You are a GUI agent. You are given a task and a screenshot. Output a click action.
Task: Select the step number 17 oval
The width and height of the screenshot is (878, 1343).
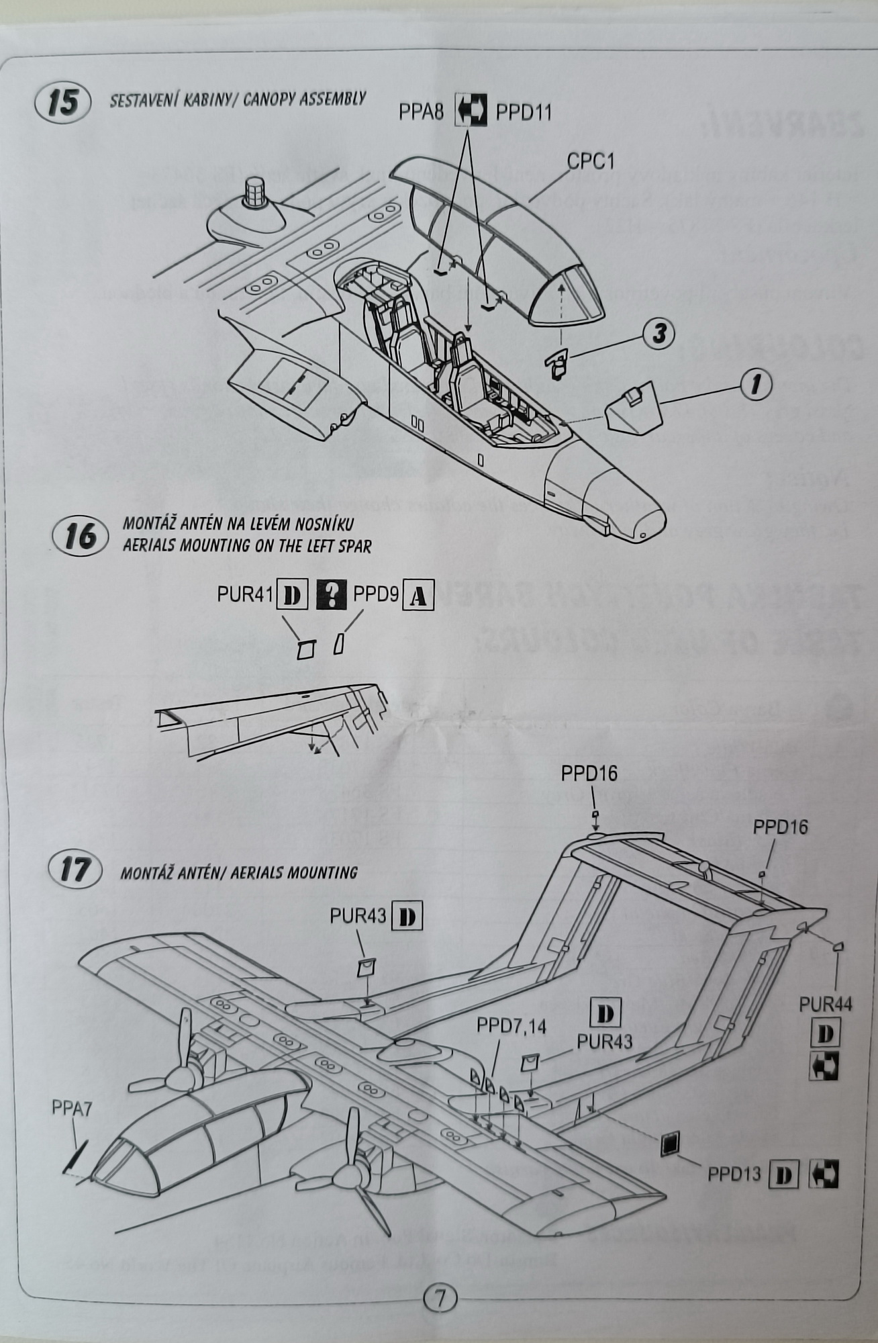(75, 870)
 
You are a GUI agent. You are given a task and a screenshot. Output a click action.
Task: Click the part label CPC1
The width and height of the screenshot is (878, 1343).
(591, 162)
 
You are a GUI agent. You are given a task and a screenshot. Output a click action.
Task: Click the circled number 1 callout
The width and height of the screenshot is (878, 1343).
(756, 385)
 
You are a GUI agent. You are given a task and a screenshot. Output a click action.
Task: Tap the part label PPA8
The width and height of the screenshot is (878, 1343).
(421, 112)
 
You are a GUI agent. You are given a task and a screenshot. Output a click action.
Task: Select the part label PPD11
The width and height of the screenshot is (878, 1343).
(524, 113)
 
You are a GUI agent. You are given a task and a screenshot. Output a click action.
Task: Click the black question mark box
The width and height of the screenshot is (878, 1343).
(331, 595)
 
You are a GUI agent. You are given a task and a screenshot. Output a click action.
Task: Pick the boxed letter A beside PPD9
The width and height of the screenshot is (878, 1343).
(418, 596)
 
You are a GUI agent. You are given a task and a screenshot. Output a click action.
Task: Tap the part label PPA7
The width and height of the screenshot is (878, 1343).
(72, 1109)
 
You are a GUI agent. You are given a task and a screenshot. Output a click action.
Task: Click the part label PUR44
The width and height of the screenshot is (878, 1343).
(825, 1005)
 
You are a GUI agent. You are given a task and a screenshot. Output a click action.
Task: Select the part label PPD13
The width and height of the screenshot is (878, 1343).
(734, 1174)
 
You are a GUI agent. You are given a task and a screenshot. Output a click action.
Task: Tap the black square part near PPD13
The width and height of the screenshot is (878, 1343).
(669, 1144)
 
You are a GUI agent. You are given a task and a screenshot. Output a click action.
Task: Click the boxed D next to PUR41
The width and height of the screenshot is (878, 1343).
(292, 595)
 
